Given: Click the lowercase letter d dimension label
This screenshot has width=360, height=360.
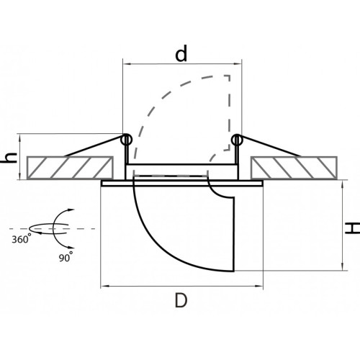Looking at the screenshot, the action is [x=181, y=54].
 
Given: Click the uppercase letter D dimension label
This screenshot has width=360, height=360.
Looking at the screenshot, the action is [x=181, y=300].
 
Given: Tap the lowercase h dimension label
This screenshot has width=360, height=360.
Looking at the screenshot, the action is [x=9, y=158].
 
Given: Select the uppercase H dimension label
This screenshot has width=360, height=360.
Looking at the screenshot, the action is [x=352, y=228].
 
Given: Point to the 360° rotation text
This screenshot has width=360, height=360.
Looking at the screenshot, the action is [x=21, y=239].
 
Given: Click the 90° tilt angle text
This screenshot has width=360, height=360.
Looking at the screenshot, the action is [x=66, y=257].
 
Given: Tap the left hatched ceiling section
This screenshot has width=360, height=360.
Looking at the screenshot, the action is [x=70, y=168].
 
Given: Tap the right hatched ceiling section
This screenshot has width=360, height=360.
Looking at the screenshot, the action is [x=294, y=168].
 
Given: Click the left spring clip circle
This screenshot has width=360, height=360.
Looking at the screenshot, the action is [x=126, y=140].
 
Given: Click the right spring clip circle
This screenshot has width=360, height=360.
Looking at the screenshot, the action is [x=237, y=140].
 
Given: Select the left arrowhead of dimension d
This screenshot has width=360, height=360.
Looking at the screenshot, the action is [x=127, y=64].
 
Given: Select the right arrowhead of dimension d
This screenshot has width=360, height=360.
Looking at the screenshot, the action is [x=238, y=64].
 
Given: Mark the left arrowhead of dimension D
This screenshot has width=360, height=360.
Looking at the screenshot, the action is [x=104, y=286].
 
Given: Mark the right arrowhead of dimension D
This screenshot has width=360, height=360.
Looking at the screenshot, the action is [x=259, y=286].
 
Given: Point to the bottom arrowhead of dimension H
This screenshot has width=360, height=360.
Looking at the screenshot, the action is [x=343, y=266].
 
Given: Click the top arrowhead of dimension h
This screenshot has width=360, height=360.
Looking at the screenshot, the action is [x=19, y=138].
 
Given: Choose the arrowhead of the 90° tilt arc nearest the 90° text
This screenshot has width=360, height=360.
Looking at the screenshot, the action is [x=71, y=248].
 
